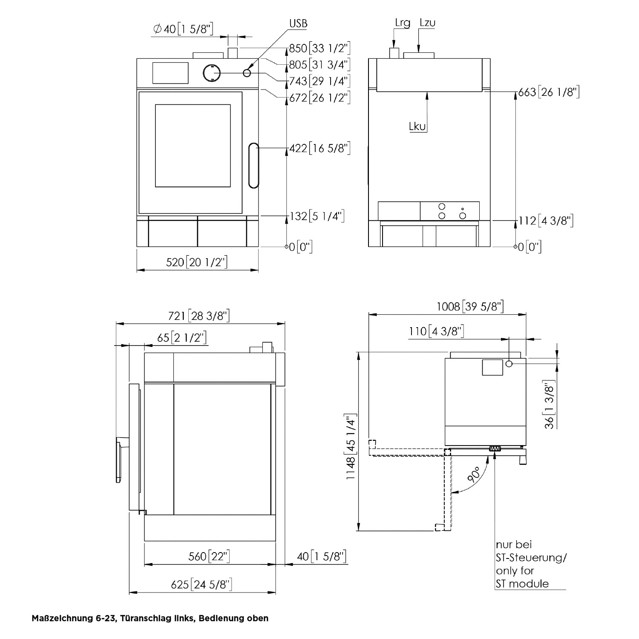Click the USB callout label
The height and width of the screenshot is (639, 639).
pos(298,23)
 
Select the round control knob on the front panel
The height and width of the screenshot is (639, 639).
pos(211,73)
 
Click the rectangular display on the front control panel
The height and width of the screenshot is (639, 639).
pos(170,72)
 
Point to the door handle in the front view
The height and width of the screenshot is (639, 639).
pos(254,165)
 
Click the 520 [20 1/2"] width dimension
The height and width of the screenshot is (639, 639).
pos(197,262)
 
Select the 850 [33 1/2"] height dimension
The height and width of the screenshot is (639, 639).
pos(320,49)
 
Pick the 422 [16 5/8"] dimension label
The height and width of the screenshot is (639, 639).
pos(320,148)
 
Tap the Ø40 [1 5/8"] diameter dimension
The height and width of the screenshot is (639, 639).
pos(183,29)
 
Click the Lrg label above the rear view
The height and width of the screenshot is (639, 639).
pos(402,23)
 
